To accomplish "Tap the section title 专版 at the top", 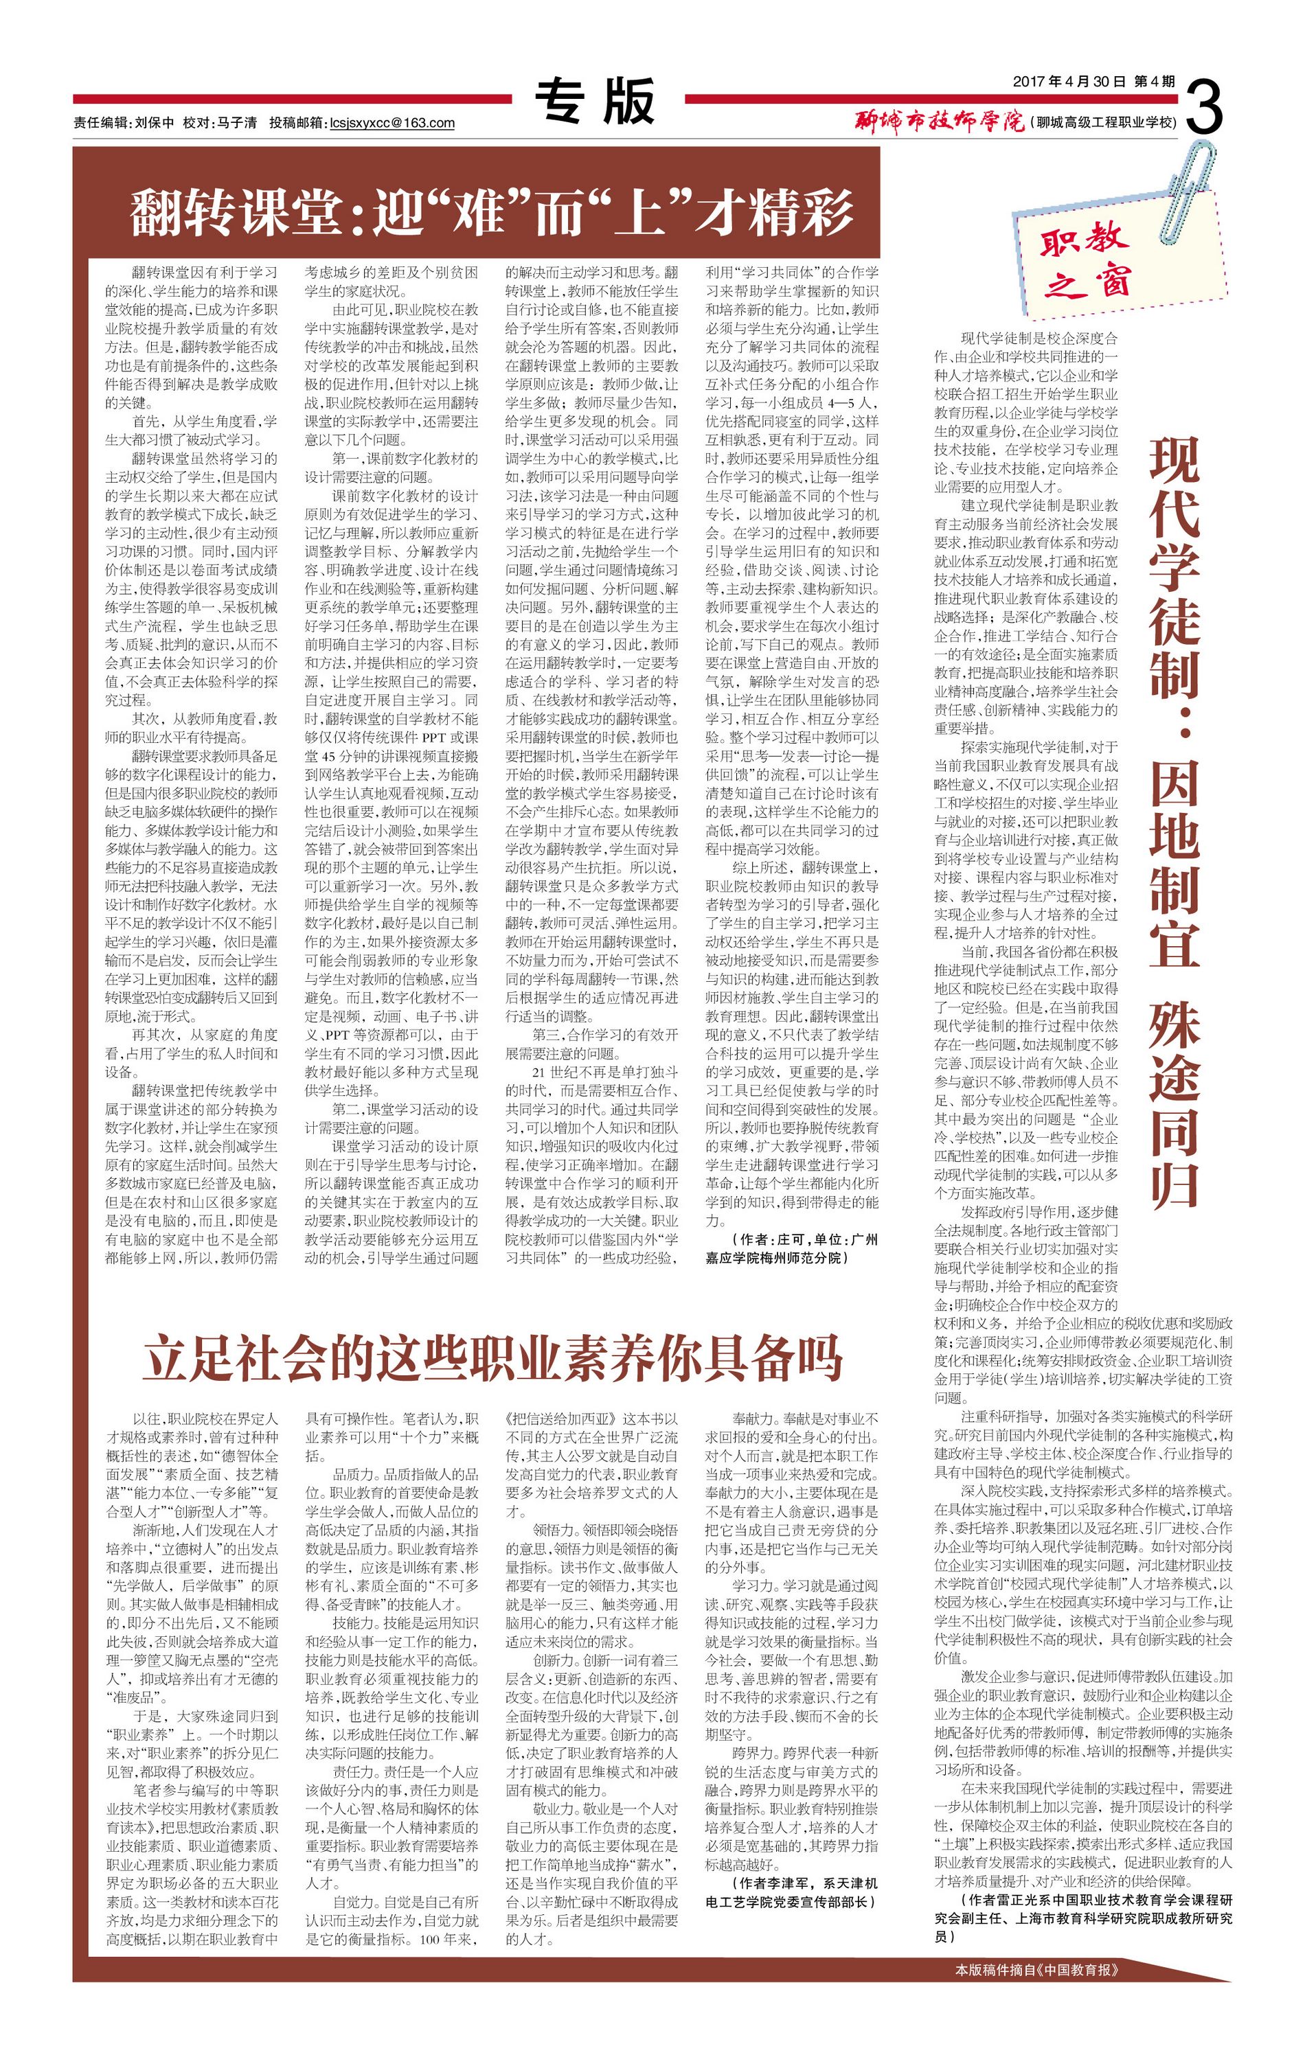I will tap(595, 102).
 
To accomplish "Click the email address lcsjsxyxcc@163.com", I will tap(391, 123).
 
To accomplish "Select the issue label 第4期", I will tap(1154, 82).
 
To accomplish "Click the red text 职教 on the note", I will tap(1084, 242).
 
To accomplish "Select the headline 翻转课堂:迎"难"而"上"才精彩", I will tap(491, 212).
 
